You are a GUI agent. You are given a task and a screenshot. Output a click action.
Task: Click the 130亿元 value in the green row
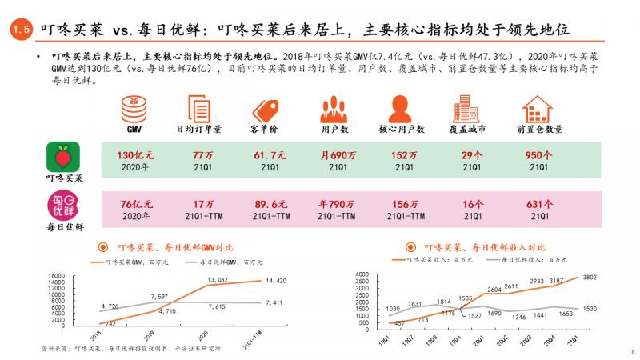coord(134,154)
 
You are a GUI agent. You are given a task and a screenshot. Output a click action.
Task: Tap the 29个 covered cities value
coord(473,154)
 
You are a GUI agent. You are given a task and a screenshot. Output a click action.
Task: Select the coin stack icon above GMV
coord(133,107)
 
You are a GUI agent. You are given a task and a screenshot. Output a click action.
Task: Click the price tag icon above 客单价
coord(266,108)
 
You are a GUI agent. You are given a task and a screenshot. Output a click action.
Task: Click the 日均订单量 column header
coord(199,129)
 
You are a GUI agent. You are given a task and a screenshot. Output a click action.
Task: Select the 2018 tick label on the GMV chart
coord(97,334)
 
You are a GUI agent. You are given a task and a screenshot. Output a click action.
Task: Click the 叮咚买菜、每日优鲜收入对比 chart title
coord(484,247)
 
